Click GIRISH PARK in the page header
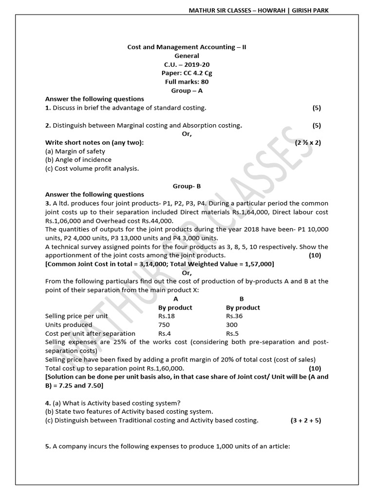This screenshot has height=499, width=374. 310,10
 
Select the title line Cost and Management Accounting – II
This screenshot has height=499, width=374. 190,47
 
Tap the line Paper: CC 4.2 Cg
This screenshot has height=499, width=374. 187,73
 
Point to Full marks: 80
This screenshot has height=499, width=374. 187,82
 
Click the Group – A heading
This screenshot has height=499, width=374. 187,91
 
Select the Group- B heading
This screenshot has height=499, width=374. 187,186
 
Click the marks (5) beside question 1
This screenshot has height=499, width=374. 317,108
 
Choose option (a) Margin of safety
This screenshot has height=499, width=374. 75,151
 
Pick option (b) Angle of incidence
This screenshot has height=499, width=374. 78,160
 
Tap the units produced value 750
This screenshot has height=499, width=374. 165,325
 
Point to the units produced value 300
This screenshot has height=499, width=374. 232,325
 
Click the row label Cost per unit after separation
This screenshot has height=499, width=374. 90,333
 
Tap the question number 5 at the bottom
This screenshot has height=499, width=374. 47,444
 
